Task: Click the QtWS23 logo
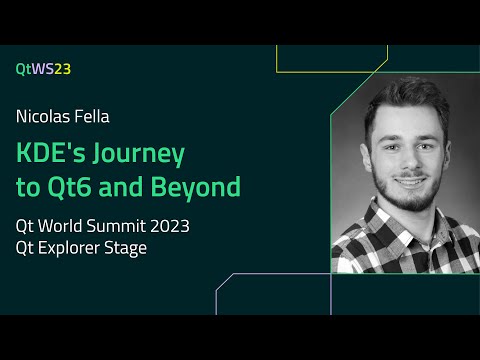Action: tap(43, 69)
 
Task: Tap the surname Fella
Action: tap(91, 116)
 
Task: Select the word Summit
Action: tap(113, 226)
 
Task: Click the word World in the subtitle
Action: tap(59, 226)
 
